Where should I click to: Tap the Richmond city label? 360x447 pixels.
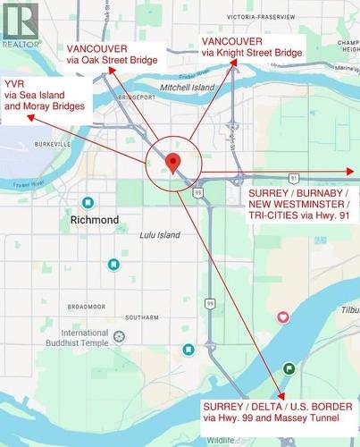point(94,219)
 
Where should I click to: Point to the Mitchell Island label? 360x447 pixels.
point(188,88)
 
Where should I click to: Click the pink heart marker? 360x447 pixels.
point(283,316)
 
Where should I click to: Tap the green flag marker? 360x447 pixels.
point(289,368)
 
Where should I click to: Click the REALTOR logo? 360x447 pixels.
point(21,24)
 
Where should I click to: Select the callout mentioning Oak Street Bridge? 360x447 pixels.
point(113,54)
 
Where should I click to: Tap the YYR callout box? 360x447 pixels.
point(46,94)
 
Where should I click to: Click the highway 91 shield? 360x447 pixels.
point(292,179)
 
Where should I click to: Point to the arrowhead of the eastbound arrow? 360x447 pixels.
point(351,171)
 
